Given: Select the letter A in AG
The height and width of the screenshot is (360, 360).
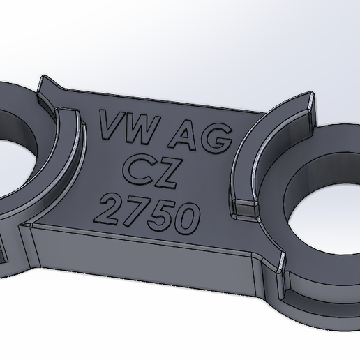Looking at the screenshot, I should [183, 136].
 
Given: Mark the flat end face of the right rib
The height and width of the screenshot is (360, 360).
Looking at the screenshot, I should [246, 208].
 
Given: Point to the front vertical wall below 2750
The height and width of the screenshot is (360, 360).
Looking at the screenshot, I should [140, 258].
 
